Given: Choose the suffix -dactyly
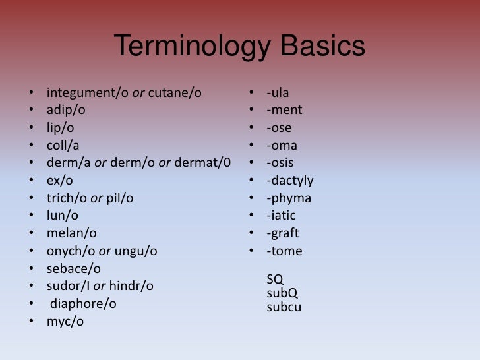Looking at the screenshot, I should point(290,181).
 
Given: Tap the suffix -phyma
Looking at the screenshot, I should point(289,198).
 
